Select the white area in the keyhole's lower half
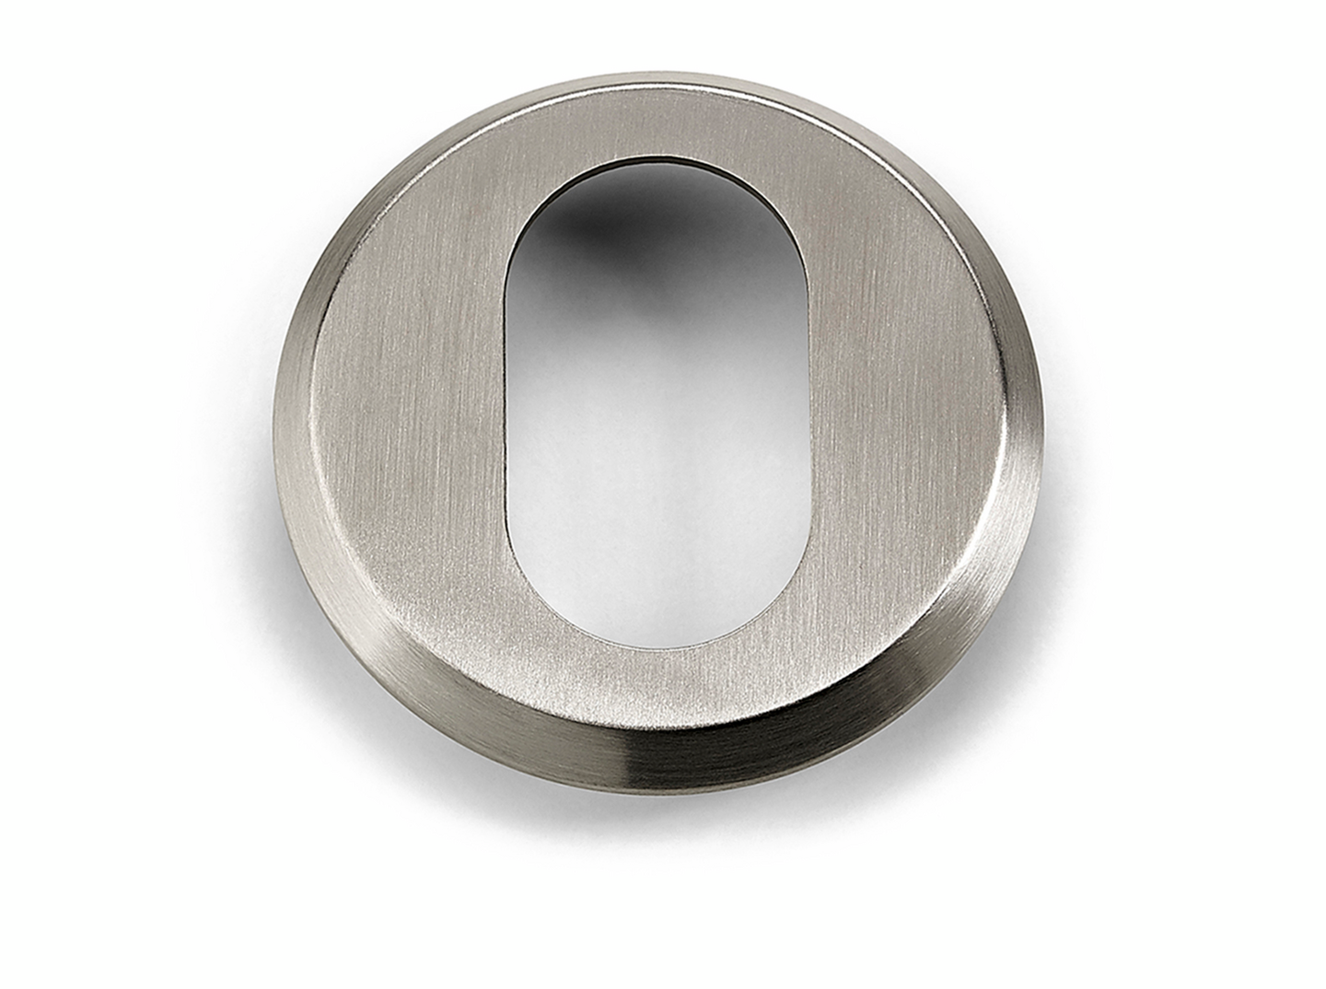pyautogui.click(x=658, y=534)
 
